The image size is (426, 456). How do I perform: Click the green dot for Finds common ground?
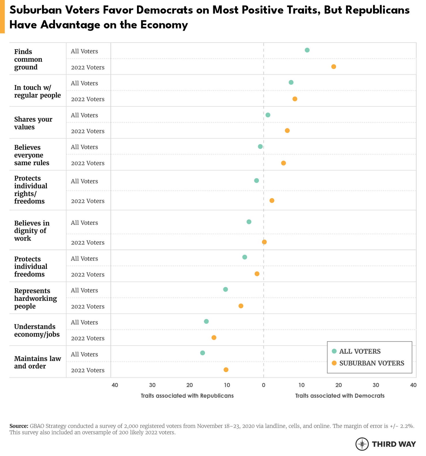click(307, 50)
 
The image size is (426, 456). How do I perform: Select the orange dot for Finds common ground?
click(334, 67)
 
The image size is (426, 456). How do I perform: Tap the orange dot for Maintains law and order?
click(226, 370)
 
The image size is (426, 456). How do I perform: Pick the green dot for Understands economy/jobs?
click(206, 321)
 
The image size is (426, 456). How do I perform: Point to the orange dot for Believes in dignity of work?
click(264, 242)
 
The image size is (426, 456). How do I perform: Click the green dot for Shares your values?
click(268, 115)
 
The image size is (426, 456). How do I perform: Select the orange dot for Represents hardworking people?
click(241, 306)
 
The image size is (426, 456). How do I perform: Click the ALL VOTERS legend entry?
click(360, 351)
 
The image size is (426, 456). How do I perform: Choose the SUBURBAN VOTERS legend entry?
click(371, 363)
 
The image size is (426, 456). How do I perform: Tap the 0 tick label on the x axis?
click(264, 385)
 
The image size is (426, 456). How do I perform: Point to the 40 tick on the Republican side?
click(115, 385)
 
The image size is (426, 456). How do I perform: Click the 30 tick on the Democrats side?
click(376, 385)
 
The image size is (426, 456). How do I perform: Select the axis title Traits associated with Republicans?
click(187, 396)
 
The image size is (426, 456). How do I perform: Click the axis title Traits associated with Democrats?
click(340, 396)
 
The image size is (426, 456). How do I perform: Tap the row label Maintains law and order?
click(37, 362)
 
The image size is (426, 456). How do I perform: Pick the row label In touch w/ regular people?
click(37, 91)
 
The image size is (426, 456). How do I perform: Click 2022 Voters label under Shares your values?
click(88, 131)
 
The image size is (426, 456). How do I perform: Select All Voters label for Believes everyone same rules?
click(84, 147)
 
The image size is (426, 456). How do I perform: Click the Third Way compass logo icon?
click(362, 444)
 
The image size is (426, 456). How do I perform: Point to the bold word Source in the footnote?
click(19, 426)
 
